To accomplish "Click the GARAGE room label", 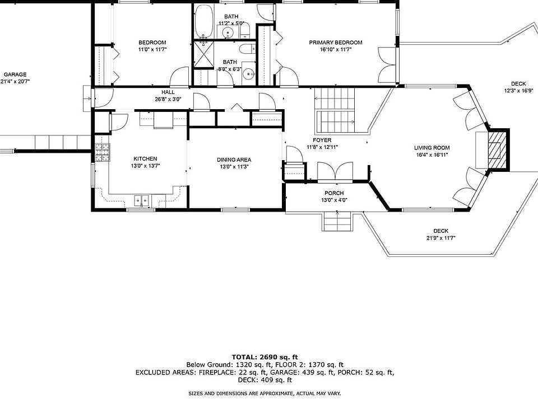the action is tap(15, 74).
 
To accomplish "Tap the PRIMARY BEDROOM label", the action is tap(336, 43).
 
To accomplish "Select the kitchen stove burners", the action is tap(102, 152).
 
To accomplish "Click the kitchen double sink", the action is tap(141, 200).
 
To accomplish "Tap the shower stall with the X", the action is tap(203, 54).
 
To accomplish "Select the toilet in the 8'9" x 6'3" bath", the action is tap(247, 49).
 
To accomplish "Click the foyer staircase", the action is tap(335, 111).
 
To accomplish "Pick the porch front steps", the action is tap(337, 222).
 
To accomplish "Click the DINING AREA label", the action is tap(234, 160).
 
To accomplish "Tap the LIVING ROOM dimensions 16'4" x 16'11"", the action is tap(432, 155).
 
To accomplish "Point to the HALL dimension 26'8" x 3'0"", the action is tap(168, 100).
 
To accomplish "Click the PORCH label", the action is tap(334, 193).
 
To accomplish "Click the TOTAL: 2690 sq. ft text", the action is tap(265, 358).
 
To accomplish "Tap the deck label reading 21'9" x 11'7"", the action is tap(441, 238).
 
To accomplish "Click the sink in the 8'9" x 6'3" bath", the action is tap(248, 73).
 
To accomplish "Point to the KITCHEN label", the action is tap(146, 158).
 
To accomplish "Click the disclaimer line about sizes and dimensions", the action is tap(265, 393).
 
